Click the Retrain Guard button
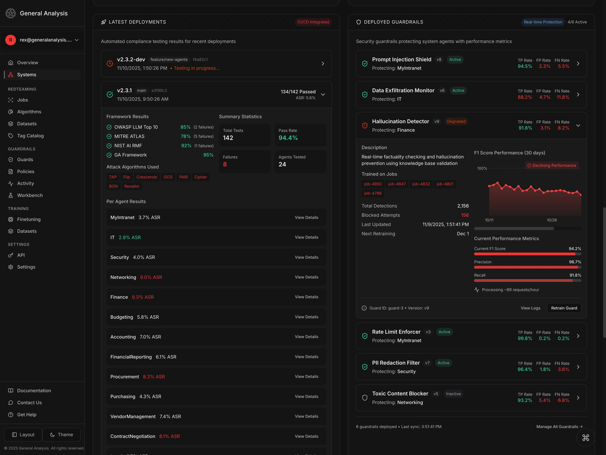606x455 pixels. tap(564, 308)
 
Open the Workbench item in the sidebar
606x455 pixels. tap(30, 195)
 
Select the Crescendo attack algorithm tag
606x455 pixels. tap(147, 177)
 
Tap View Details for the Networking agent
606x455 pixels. tap(306, 277)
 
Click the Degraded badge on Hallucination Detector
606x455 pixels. tap(456, 121)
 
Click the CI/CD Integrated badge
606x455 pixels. tap(313, 22)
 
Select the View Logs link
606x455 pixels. tap(530, 308)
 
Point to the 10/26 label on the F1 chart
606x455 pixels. tap(552, 220)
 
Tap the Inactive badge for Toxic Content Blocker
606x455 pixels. tap(453, 394)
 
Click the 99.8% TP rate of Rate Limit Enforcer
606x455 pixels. tap(525, 338)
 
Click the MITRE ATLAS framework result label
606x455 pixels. tap(129, 136)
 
